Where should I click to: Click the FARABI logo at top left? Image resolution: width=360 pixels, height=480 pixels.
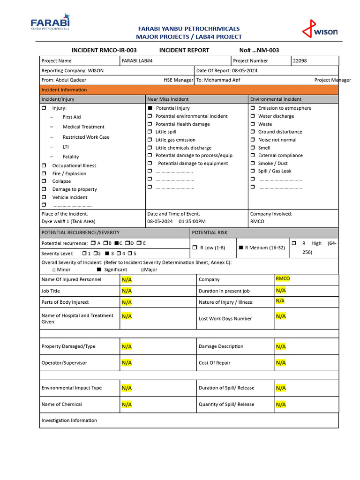tap(50, 23)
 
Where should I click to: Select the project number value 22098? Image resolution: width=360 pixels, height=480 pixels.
tap(300, 61)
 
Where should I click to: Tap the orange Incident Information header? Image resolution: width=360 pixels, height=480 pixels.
tap(64, 90)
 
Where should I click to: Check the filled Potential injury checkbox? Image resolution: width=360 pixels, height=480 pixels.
tap(150, 108)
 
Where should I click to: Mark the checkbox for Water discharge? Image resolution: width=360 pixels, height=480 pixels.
tap(253, 116)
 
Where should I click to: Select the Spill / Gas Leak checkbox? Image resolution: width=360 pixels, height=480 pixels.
tap(253, 172)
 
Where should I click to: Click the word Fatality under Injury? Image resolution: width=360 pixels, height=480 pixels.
tap(71, 157)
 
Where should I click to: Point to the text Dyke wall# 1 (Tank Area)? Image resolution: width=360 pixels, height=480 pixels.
tap(68, 222)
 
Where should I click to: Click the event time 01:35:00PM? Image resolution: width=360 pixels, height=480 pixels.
tap(192, 222)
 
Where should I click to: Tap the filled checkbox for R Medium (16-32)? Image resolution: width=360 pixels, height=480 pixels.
tap(241, 248)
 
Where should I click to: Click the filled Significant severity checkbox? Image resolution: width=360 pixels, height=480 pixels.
tap(99, 270)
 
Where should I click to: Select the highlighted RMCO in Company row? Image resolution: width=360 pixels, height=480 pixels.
tap(283, 279)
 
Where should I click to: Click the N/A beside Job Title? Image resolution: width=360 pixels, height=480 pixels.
tap(127, 291)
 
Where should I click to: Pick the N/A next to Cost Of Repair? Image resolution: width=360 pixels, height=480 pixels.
tap(281, 363)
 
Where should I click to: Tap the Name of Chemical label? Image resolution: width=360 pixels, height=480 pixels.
tap(61, 405)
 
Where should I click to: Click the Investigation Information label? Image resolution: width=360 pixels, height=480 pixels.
tap(69, 420)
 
